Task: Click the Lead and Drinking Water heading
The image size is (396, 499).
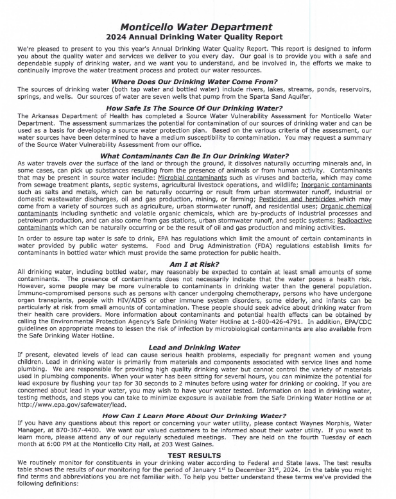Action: coord(197,348)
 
